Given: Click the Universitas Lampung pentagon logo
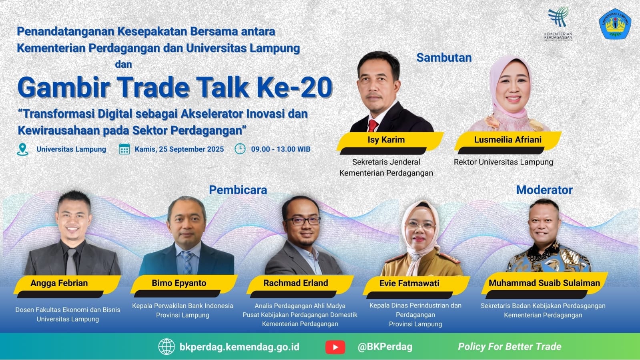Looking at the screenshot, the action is click(615, 24).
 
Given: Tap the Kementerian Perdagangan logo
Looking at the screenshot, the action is click(558, 24).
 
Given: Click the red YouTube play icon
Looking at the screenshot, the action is click(335, 347).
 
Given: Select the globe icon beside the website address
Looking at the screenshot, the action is click(167, 347).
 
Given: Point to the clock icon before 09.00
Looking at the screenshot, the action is click(240, 149).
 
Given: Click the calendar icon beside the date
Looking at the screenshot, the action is click(124, 149).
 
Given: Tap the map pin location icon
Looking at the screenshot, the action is click(22, 149).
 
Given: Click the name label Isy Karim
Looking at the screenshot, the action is click(386, 140).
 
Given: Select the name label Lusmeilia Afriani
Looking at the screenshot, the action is click(508, 139).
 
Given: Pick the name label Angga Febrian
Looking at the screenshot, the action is click(59, 283).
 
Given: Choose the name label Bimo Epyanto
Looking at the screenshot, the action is click(179, 283).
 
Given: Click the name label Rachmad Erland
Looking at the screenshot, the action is click(296, 283).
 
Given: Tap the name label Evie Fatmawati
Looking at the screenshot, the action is click(409, 284).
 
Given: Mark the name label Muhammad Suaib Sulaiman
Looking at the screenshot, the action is click(544, 283).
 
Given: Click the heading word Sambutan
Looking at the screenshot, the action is click(444, 58).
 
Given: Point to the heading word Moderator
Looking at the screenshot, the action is click(544, 190).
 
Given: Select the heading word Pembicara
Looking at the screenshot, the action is click(238, 190).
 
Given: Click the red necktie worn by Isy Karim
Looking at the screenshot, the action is click(373, 125).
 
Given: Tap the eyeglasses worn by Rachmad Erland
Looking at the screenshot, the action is click(302, 221).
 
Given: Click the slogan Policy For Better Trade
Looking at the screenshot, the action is click(510, 347).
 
